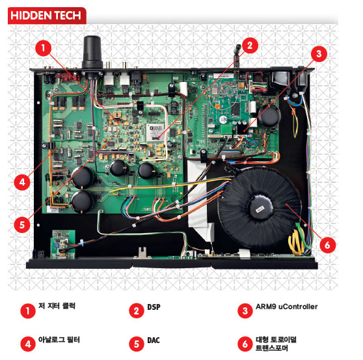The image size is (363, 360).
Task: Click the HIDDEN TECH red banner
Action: [47, 16]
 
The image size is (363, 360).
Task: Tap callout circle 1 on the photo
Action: [44, 48]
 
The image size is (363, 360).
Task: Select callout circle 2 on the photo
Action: [250, 46]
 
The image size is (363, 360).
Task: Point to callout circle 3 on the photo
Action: [319, 54]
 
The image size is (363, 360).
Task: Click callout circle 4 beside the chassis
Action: [22, 182]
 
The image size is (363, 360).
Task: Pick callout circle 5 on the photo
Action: [22, 225]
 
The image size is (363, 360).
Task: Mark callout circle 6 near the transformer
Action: [327, 245]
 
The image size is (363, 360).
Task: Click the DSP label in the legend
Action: [154, 307]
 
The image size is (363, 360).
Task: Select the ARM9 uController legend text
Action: [287, 307]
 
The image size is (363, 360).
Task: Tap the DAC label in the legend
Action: [154, 340]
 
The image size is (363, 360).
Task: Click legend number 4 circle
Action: [28, 344]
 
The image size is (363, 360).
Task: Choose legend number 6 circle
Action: [245, 344]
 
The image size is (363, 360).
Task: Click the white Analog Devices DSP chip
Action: [155, 133]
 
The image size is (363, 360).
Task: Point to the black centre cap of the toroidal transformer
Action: [260, 207]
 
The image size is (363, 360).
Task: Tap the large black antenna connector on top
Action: [92, 52]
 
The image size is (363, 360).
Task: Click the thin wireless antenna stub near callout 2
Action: [237, 55]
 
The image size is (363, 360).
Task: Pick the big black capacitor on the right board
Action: [269, 116]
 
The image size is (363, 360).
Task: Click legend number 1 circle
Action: [28, 311]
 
